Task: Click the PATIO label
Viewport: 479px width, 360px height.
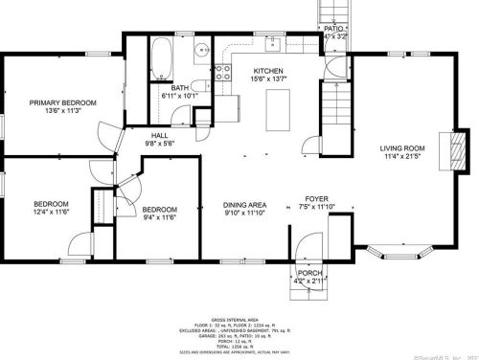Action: coord(331,30)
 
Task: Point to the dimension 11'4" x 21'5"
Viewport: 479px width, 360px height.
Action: coord(402,156)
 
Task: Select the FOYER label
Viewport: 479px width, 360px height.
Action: coord(317,198)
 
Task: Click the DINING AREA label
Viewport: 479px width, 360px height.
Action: coord(231,206)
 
